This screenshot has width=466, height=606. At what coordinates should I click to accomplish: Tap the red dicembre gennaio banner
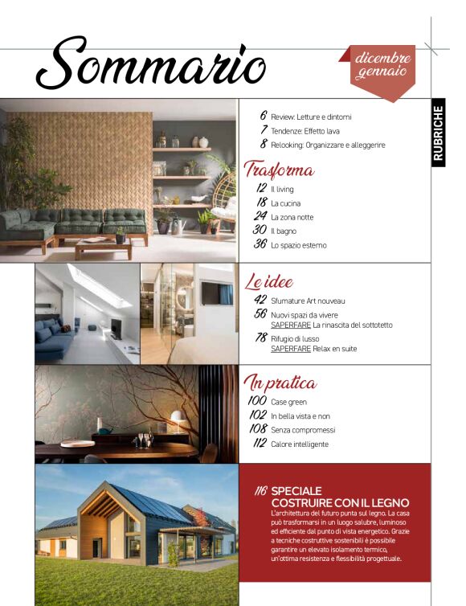(x=382, y=67)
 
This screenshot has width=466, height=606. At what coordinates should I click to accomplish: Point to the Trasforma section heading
(x=277, y=170)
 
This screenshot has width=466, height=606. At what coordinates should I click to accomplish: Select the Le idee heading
(x=268, y=282)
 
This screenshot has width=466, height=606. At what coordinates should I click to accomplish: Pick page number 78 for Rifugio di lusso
(x=260, y=338)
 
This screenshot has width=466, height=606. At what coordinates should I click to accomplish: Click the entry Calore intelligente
(x=300, y=444)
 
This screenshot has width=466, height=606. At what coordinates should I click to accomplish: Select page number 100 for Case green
(x=257, y=400)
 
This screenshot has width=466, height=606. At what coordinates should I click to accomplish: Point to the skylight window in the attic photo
(x=99, y=284)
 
